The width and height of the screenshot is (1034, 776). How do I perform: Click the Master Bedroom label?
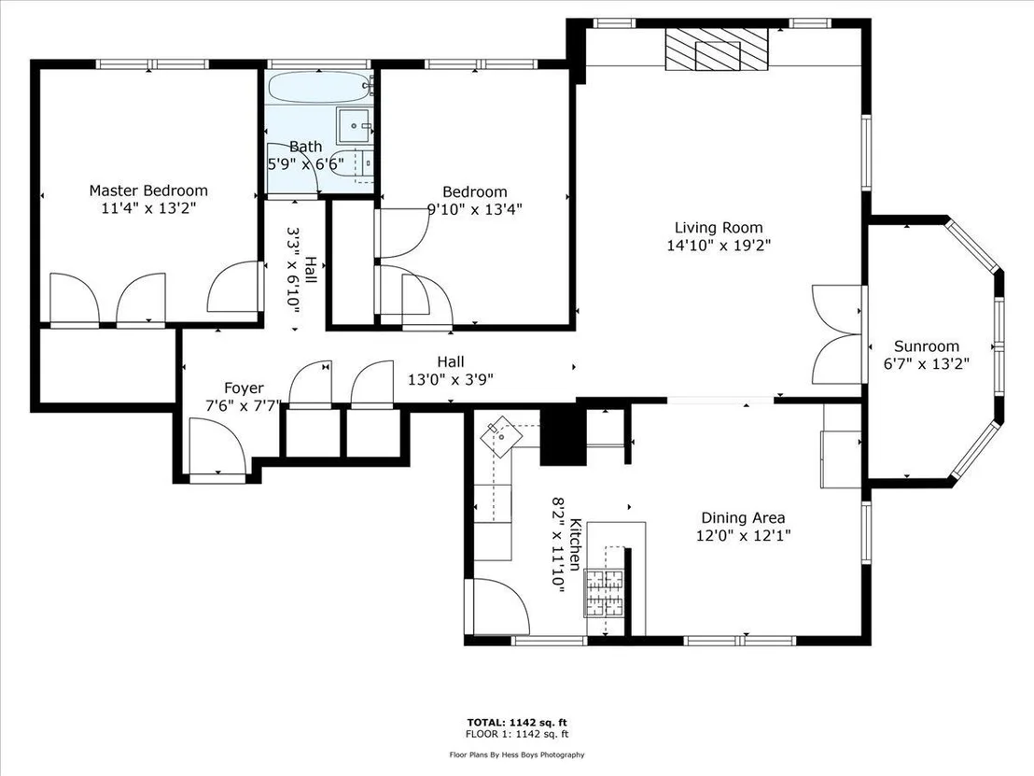click(x=148, y=190)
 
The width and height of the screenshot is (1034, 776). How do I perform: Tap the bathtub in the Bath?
click(x=320, y=87)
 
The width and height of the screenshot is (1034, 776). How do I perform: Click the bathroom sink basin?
click(x=355, y=126)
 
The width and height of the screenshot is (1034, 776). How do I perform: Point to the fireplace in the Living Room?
click(x=717, y=49)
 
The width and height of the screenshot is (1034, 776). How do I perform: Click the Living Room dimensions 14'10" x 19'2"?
click(x=719, y=246)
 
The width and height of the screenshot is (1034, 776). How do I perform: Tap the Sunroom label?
click(x=927, y=346)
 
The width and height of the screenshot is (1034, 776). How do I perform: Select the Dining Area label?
click(x=743, y=518)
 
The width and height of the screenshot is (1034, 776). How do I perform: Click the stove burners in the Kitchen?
click(x=604, y=593)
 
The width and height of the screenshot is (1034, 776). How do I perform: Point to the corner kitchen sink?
click(x=500, y=435)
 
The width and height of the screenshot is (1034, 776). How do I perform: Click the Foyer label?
click(x=244, y=388)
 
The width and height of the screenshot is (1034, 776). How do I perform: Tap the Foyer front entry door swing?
click(x=217, y=446)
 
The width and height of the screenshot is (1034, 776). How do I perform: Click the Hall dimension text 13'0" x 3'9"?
click(x=451, y=379)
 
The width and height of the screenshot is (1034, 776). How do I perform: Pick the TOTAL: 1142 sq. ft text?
click(x=517, y=723)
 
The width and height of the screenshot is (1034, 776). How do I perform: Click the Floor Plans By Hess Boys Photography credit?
click(x=517, y=755)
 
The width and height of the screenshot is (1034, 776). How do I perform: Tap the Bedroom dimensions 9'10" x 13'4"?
click(x=475, y=210)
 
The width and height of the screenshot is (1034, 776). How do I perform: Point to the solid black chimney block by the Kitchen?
click(x=563, y=434)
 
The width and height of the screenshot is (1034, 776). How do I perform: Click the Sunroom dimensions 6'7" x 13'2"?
click(x=927, y=363)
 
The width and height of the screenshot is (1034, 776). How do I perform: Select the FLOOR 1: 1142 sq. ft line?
click(x=517, y=734)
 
